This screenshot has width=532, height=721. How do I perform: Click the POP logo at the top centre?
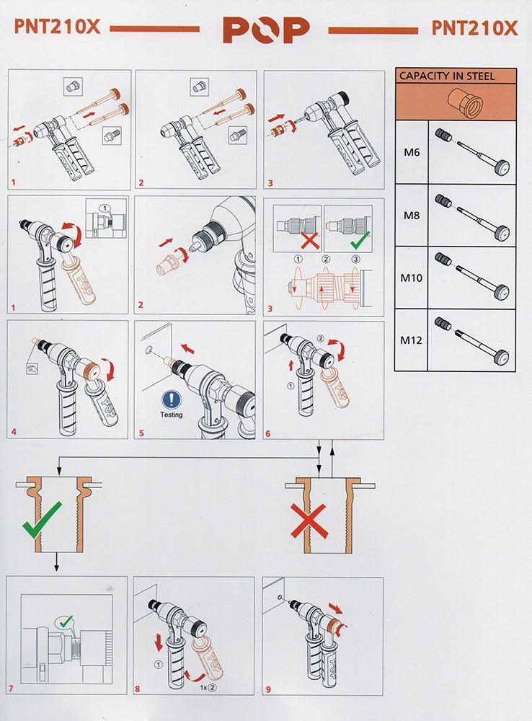266,30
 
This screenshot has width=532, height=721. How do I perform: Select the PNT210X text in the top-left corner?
57,27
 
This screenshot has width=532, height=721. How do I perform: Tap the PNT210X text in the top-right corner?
474,28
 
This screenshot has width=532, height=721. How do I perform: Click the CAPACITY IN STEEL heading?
446,76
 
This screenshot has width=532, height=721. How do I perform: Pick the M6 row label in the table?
412,151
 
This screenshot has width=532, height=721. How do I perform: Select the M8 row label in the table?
412,215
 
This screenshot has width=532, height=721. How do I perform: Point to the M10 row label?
411,278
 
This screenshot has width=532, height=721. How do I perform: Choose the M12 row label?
411,340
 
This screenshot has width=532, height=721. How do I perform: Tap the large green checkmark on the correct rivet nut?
42,520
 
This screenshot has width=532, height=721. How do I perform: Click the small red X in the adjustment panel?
311,240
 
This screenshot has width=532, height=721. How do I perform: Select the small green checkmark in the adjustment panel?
360,239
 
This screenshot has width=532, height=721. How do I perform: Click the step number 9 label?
269,689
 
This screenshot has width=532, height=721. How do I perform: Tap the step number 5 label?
141,433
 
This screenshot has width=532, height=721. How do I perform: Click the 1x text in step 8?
203,687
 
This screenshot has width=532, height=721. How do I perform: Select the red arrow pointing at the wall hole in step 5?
187,348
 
